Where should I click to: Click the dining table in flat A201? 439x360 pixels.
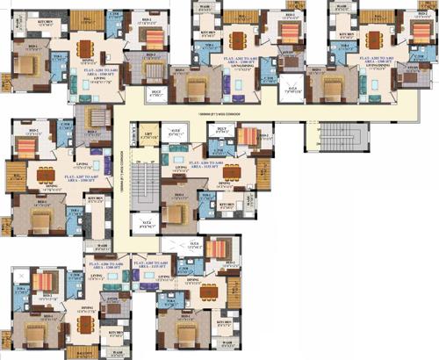point(85,49)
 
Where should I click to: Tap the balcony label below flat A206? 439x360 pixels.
point(84,352)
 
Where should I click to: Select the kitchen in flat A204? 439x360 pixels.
point(227,207)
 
